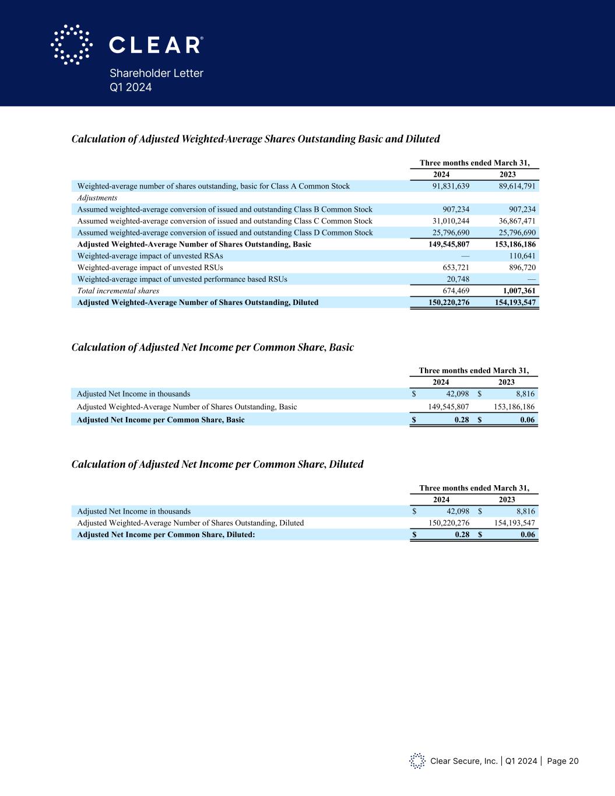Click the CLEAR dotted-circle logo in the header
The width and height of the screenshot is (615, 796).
tap(72, 44)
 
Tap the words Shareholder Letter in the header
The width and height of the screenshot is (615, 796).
tap(156, 73)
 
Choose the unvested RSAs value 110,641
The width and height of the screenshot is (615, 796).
tap(522, 256)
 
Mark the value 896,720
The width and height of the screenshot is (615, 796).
tap(522, 268)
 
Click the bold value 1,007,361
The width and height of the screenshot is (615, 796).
tap(519, 290)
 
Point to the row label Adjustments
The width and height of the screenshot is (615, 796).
tap(97, 198)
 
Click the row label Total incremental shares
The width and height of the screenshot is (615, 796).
tap(118, 290)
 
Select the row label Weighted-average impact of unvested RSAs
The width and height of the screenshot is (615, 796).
tap(150, 256)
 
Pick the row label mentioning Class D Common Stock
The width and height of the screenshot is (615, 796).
tap(225, 233)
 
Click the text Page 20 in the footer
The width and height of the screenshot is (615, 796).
tap(563, 761)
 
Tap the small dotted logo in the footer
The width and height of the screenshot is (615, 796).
tap(417, 760)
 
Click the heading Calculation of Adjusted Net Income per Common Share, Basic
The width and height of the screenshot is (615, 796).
tap(213, 348)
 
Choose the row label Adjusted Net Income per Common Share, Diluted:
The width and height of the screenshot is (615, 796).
tap(166, 535)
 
